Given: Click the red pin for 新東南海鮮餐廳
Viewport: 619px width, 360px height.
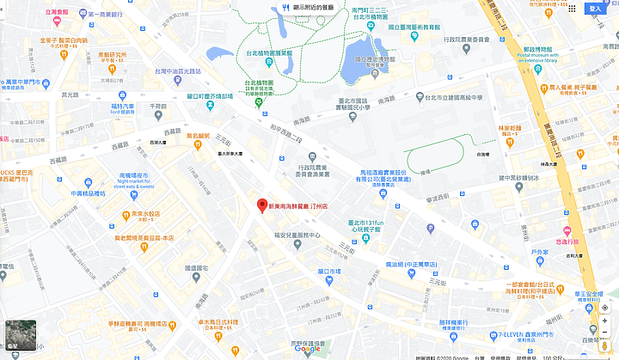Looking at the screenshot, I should pos(262,205).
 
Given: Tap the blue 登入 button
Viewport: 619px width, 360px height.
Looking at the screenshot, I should pos(595,9).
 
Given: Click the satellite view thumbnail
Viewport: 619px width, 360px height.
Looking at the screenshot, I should pos(19,334).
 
